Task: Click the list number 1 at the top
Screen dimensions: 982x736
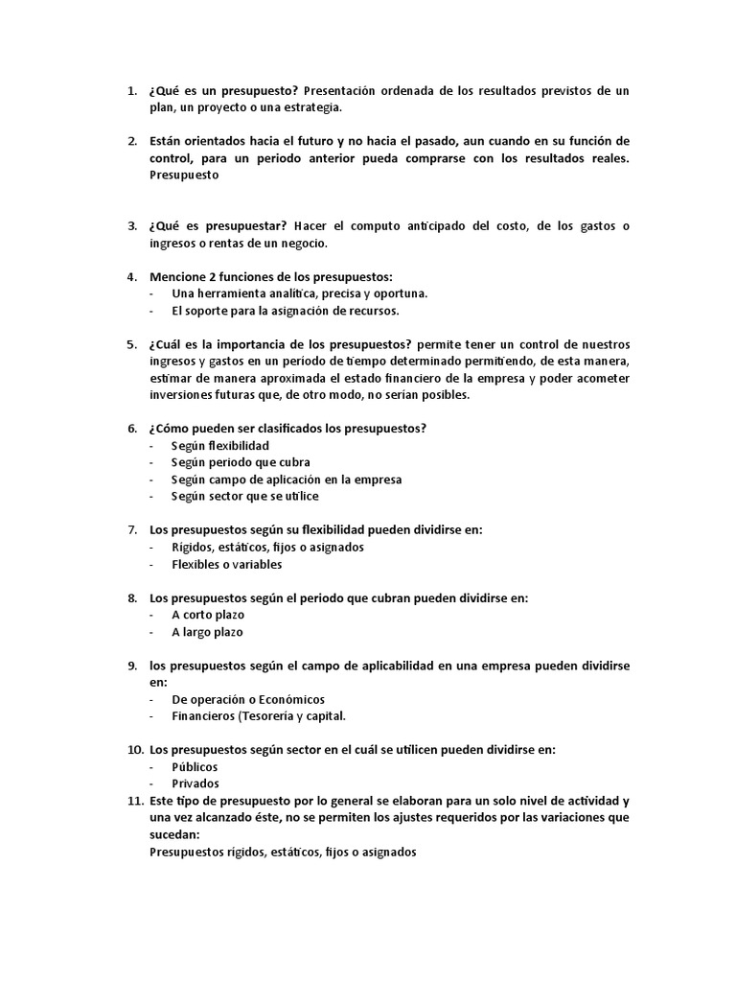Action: (x=130, y=91)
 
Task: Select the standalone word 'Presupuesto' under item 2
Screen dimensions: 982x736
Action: (x=185, y=175)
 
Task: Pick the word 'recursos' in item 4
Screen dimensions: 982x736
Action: (x=371, y=311)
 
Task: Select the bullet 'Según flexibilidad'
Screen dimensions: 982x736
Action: (x=219, y=446)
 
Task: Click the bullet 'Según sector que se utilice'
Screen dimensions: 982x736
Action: (x=244, y=496)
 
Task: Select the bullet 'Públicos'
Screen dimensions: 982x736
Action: (x=195, y=766)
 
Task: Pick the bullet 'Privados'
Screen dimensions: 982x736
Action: (x=195, y=783)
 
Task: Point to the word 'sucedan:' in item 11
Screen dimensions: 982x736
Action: (x=173, y=834)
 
